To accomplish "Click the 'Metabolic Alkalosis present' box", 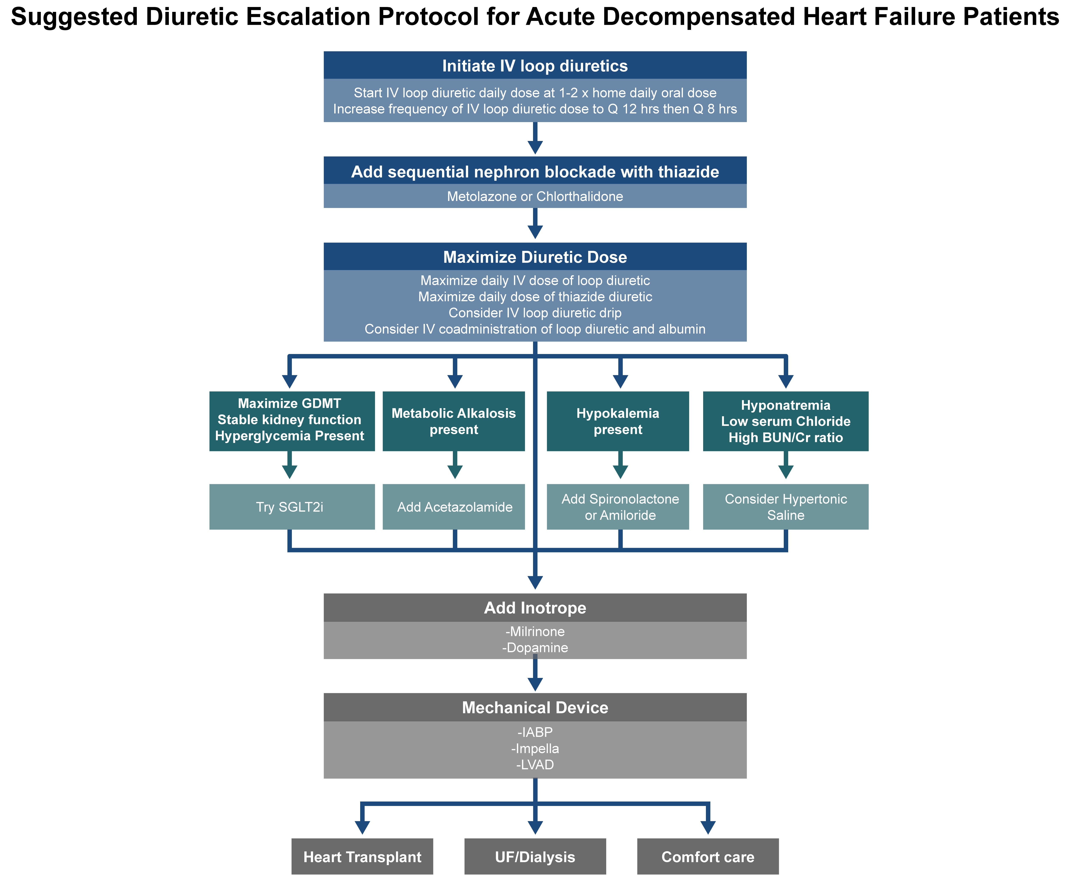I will coord(453,421).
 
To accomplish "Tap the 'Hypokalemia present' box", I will coord(618,421).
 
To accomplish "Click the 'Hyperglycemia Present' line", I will coord(290,436).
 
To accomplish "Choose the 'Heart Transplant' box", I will coord(362,857).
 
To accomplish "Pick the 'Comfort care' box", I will coord(707,857).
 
